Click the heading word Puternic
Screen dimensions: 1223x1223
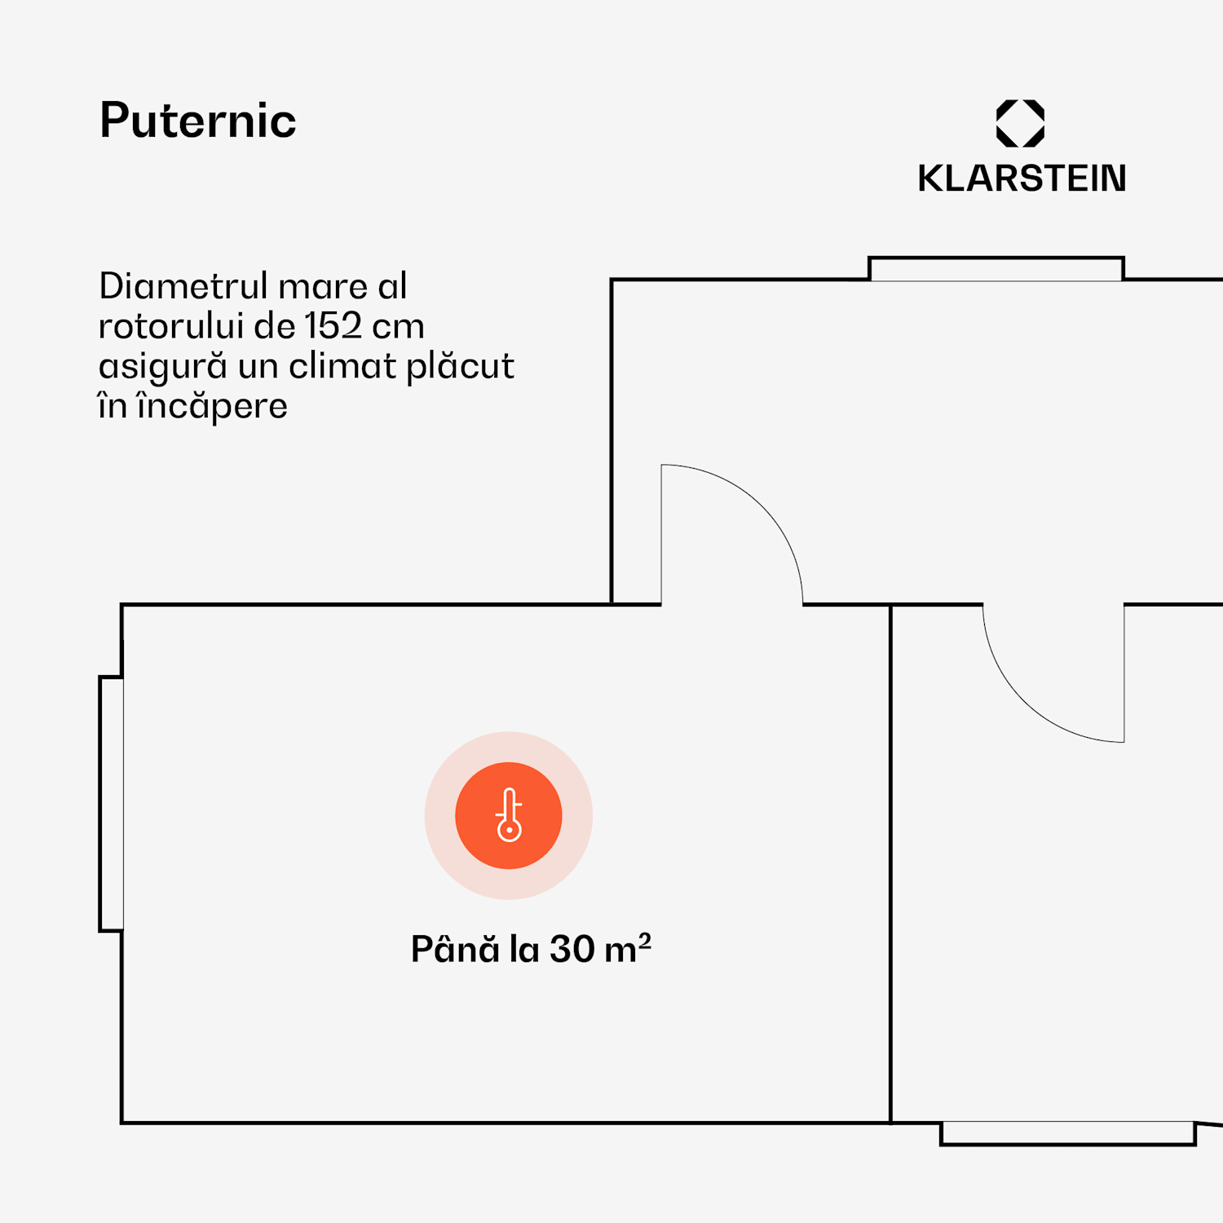[x=198, y=121]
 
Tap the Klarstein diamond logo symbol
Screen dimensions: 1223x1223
[x=1020, y=123]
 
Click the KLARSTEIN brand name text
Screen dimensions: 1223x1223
[x=1022, y=179]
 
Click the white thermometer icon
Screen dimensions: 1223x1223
[x=509, y=815]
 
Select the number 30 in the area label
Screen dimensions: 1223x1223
[x=572, y=949]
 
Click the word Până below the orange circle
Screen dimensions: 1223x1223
[x=455, y=949]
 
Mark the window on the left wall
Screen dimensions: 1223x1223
[x=112, y=803]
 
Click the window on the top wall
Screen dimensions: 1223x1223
[x=996, y=269]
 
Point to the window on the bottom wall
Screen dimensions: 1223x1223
[x=1067, y=1133]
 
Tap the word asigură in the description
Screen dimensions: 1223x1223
[x=162, y=367]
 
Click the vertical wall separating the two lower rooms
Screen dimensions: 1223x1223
[x=890, y=864]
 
